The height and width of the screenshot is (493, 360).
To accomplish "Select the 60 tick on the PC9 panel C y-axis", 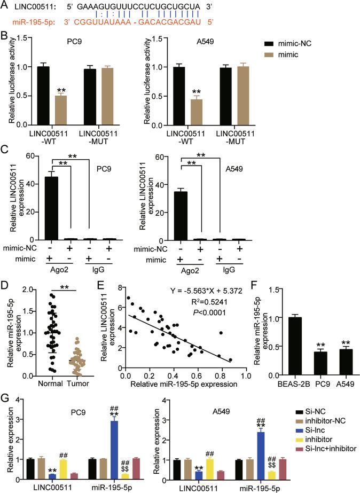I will click(x=25, y=155).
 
